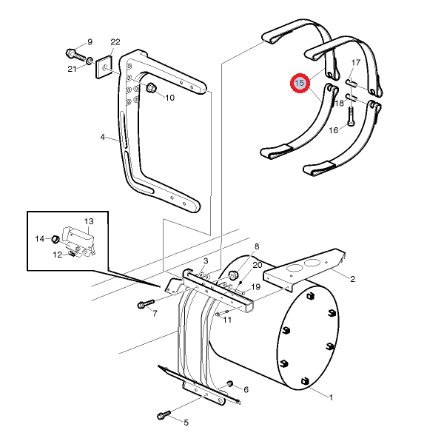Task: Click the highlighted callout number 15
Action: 300,83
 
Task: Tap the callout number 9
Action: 90,42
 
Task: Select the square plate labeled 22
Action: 104,67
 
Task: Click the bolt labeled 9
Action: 75,55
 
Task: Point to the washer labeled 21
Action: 90,61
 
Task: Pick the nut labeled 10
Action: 151,88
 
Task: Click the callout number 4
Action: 103,137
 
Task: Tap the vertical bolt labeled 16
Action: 351,116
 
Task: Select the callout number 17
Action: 356,62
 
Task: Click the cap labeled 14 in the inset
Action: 55,239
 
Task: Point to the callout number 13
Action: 89,221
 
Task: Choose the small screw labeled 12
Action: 72,254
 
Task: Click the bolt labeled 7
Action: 146,304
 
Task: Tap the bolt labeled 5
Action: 164,415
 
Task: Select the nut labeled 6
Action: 229,384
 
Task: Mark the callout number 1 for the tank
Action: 331,397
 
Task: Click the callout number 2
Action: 352,279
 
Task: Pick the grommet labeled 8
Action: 233,275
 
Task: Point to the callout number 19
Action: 256,287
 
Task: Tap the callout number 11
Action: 227,320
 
